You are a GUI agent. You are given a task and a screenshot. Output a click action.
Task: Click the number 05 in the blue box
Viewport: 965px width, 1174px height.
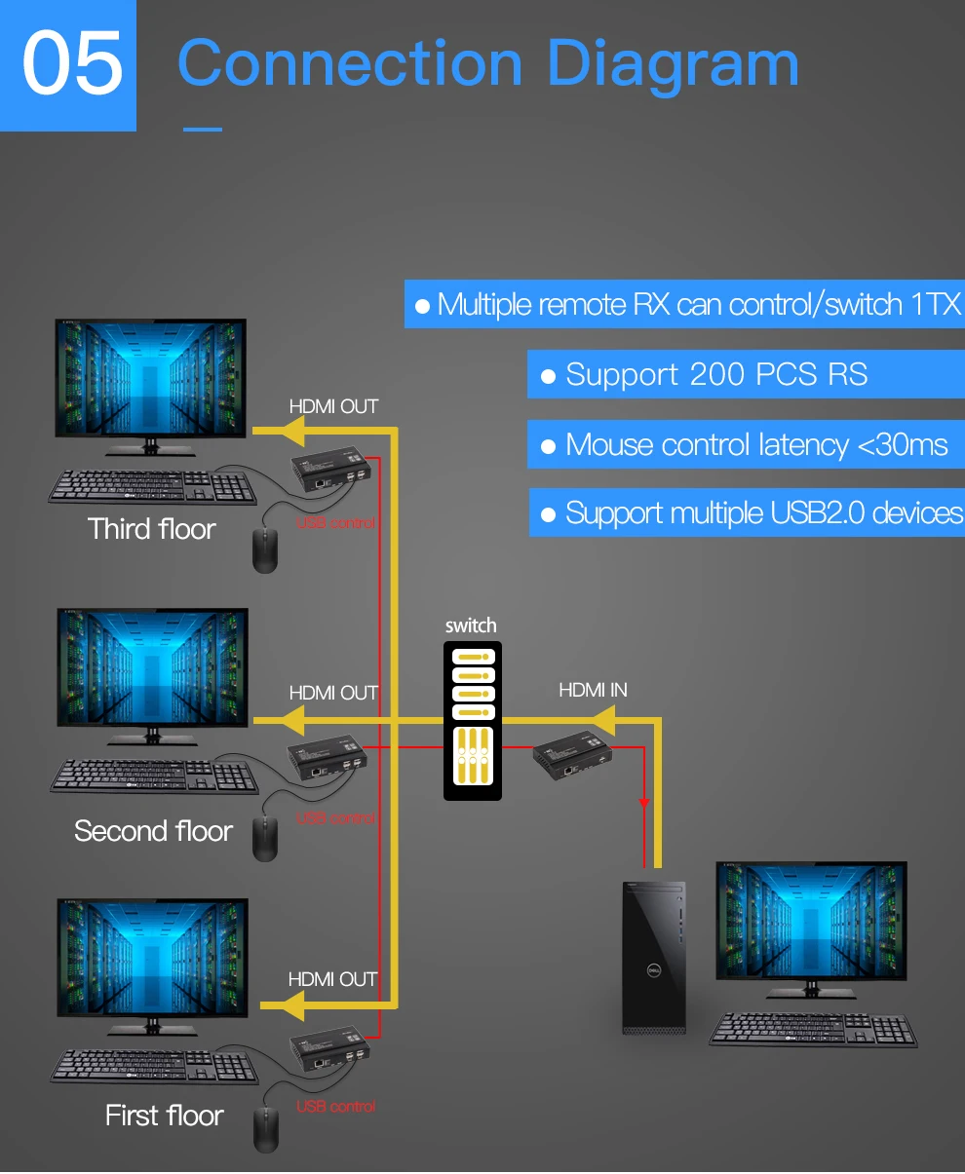click(72, 62)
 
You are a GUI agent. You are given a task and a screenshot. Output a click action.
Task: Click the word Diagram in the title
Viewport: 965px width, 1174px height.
click(673, 65)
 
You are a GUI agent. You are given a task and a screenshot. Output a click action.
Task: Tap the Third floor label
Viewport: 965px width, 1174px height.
click(151, 529)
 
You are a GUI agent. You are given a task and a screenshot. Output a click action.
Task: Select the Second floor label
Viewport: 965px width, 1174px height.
click(153, 830)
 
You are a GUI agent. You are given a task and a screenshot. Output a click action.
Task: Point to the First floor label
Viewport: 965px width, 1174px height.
click(165, 1116)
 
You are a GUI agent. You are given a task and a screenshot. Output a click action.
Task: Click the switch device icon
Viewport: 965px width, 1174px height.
click(472, 721)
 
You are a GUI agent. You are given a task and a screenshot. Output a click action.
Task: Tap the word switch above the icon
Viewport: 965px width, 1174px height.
click(471, 625)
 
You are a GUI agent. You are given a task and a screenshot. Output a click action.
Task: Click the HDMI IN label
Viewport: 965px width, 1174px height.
click(593, 690)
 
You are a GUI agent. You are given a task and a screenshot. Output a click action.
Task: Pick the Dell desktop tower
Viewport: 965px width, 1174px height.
click(654, 958)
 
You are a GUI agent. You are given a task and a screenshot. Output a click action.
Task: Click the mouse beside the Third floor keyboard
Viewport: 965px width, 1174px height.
click(265, 550)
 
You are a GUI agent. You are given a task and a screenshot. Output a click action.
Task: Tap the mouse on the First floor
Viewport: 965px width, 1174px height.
click(265, 1130)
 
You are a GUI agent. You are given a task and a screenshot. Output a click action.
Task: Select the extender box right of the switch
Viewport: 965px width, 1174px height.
click(572, 755)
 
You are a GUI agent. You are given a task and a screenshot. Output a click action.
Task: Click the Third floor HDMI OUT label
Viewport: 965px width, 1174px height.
click(333, 407)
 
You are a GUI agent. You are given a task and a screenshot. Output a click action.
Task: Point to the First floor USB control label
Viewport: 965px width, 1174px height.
click(335, 1106)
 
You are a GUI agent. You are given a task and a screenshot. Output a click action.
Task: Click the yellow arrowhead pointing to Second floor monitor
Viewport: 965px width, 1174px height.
click(293, 720)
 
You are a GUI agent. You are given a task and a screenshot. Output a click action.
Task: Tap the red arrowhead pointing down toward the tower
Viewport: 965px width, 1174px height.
click(644, 803)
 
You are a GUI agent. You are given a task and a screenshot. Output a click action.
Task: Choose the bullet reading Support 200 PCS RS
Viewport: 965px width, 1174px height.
click(716, 374)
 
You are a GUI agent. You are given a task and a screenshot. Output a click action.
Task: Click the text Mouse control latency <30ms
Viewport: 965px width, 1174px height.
click(756, 445)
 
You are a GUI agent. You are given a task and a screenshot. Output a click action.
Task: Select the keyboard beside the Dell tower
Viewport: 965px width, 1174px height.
click(813, 1030)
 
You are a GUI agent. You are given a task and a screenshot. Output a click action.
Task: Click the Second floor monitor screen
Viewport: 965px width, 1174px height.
click(153, 666)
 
